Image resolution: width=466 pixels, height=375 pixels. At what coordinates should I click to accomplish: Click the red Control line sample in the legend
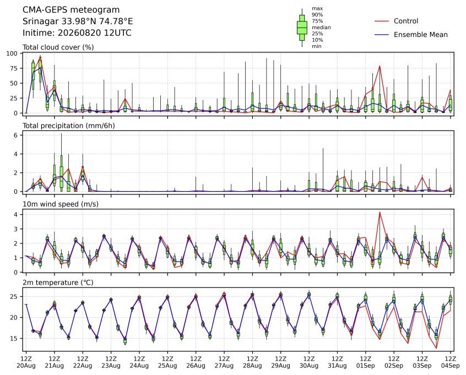pyautogui.click(x=382, y=21)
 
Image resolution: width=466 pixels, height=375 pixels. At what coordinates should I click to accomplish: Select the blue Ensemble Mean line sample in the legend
pyautogui.click(x=382, y=35)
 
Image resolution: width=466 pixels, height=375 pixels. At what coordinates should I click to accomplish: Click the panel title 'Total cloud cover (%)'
pyautogui.click(x=58, y=47)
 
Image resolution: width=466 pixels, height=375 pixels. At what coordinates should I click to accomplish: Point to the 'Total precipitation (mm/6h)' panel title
pyautogui.click(x=69, y=126)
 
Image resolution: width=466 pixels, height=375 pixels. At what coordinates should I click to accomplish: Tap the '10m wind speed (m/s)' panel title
pyautogui.click(x=61, y=204)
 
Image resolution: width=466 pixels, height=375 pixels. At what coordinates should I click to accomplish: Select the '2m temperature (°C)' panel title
pyautogui.click(x=58, y=282)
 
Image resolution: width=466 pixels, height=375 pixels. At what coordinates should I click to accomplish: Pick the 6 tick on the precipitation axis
pyautogui.click(x=16, y=135)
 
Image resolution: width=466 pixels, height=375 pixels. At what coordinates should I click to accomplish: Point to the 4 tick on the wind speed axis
pyautogui.click(x=16, y=215)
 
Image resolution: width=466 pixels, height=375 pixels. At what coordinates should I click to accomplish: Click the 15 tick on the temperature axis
pyautogui.click(x=14, y=339)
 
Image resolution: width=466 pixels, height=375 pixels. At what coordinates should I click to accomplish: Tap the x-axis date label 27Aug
pyautogui.click(x=224, y=366)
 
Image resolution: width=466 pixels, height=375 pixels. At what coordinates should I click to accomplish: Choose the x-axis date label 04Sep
pyautogui.click(x=451, y=366)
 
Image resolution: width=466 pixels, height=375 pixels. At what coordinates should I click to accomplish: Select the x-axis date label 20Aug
pyautogui.click(x=26, y=366)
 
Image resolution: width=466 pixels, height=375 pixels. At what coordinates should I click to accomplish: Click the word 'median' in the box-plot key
pyautogui.click(x=321, y=28)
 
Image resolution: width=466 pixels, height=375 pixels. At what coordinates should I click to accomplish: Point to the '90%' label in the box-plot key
pyautogui.click(x=317, y=14)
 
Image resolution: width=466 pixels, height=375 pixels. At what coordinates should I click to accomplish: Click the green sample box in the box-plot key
pyautogui.click(x=302, y=28)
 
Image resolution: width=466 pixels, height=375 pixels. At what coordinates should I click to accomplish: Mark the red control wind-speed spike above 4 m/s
pyautogui.click(x=380, y=212)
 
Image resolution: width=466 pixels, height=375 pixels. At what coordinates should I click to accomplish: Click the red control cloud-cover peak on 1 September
pyautogui.click(x=380, y=66)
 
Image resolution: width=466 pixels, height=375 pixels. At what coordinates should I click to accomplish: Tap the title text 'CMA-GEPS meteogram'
pyautogui.click(x=71, y=10)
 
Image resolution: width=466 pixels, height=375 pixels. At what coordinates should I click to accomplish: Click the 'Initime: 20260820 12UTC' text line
pyautogui.click(x=77, y=32)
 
